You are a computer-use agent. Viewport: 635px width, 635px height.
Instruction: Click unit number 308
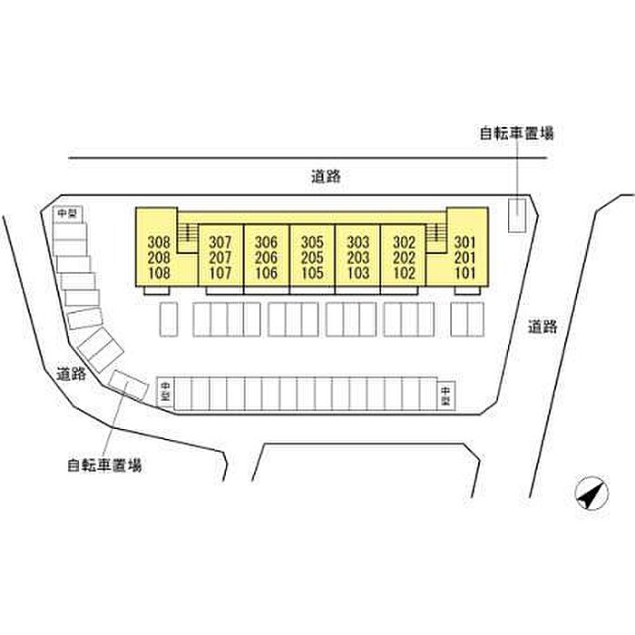(159, 242)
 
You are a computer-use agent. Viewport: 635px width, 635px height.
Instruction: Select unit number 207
(220, 258)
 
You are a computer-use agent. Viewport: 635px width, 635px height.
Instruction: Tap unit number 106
(266, 272)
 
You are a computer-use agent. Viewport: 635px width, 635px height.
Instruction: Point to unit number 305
(312, 242)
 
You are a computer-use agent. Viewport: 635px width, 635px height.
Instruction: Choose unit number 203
(357, 258)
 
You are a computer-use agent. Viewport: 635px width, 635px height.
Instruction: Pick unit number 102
(404, 272)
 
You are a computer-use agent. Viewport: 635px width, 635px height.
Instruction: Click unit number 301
(464, 242)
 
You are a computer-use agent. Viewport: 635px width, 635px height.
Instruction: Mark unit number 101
(464, 272)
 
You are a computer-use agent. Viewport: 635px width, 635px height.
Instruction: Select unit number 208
(159, 258)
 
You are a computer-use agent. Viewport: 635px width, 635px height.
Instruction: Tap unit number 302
(404, 242)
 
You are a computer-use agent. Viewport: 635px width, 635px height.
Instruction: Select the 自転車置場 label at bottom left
(103, 466)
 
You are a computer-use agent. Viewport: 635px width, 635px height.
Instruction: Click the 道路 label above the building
(324, 177)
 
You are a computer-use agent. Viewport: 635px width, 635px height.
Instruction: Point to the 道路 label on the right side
(542, 327)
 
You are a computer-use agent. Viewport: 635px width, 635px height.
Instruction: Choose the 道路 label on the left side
(71, 373)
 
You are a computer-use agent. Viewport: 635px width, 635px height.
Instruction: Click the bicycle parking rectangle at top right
(515, 215)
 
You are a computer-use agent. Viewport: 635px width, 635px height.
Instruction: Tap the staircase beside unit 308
(188, 235)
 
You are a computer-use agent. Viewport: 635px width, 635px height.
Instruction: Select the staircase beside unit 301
(436, 235)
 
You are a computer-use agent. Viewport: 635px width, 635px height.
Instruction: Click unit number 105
(312, 272)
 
